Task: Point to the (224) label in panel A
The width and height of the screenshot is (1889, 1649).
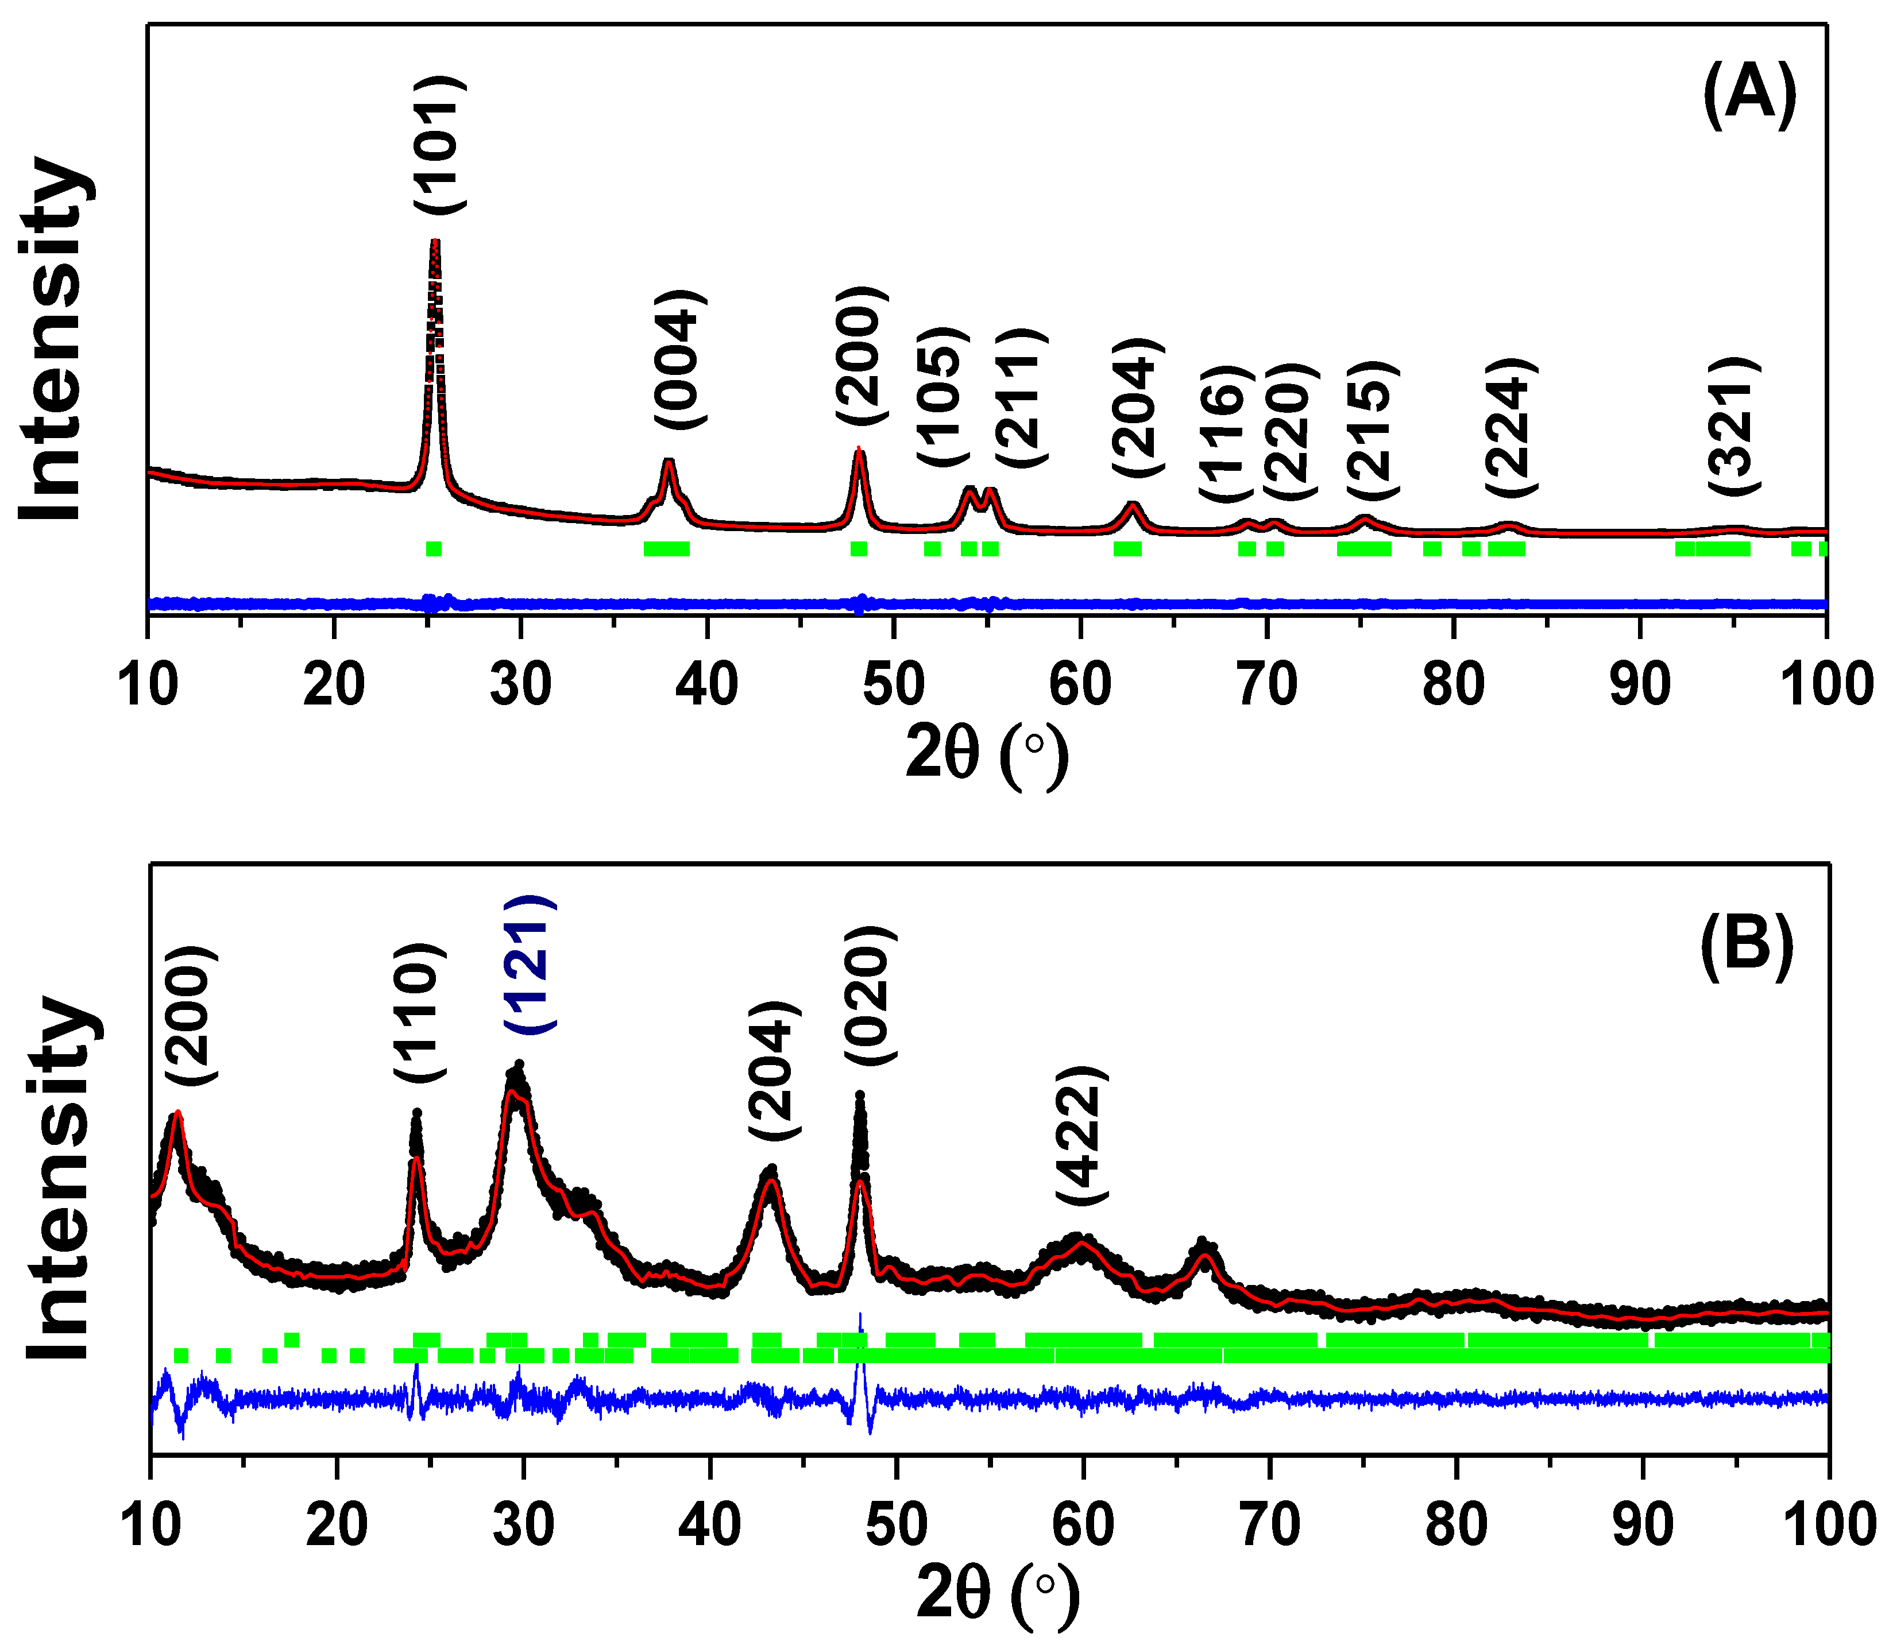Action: pos(1511,427)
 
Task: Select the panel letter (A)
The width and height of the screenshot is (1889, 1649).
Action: pos(1749,96)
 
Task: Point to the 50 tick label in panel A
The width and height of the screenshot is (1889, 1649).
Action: pos(893,686)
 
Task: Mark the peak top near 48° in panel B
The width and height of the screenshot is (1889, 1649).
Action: pos(860,1095)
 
